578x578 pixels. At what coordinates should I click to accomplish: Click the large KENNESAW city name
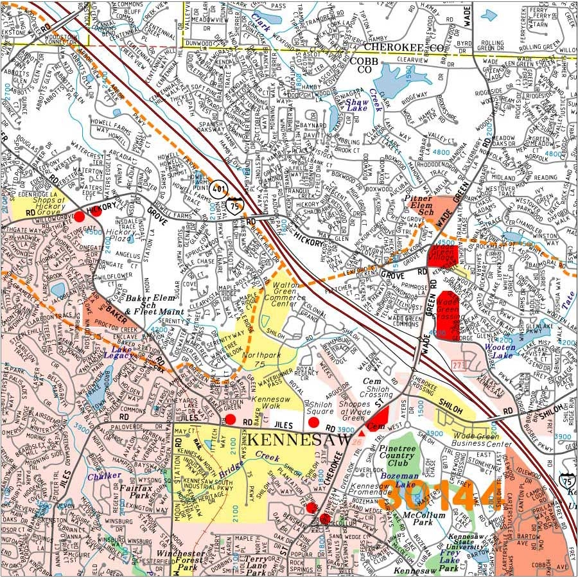(299, 441)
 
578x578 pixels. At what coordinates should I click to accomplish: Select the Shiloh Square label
(322, 409)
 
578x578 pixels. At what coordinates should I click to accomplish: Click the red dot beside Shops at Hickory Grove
(79, 216)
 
